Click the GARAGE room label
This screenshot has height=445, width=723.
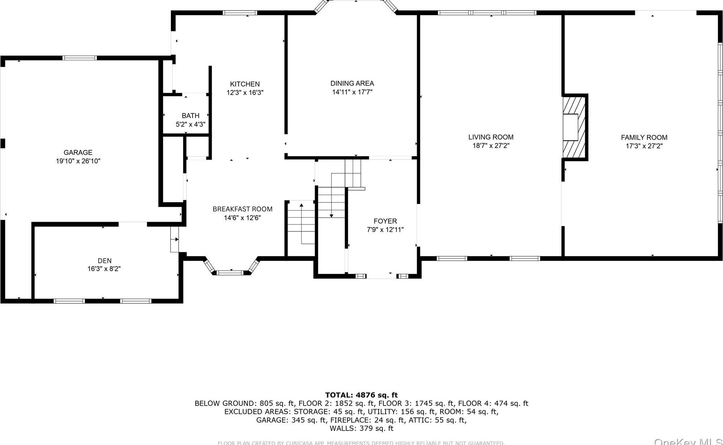tap(78, 152)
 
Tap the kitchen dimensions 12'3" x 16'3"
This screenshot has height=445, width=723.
tap(245, 93)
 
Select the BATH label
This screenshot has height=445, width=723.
tap(190, 116)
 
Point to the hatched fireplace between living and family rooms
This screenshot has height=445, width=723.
tap(574, 127)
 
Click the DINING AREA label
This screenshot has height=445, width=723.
tap(352, 83)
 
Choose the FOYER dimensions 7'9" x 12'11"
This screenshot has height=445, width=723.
tap(385, 230)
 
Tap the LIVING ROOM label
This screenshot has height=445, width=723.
tap(491, 137)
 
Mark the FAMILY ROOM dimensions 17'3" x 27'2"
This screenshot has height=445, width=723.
tap(644, 146)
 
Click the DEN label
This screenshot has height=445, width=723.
tap(105, 260)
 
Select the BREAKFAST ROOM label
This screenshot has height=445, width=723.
tap(242, 209)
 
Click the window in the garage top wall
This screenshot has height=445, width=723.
tap(80, 58)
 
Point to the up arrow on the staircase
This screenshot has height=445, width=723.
tap(301, 206)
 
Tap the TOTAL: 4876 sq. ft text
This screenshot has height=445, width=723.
tap(361, 395)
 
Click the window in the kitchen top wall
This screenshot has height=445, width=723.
tap(240, 13)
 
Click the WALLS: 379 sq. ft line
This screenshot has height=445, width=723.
tap(361, 428)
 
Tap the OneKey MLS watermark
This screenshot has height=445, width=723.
tap(688, 441)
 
